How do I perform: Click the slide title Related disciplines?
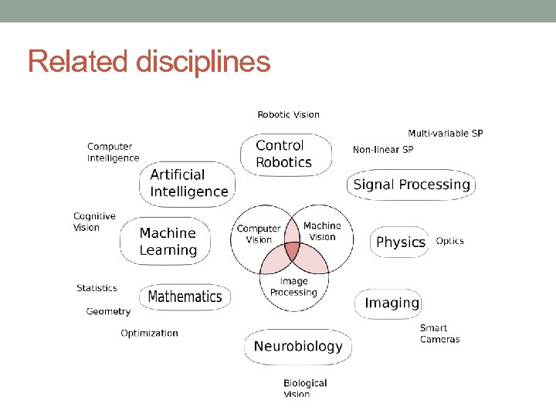149,61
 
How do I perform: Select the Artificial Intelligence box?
188,184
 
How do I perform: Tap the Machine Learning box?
168,241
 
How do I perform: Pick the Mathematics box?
185,297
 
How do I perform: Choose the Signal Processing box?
411,185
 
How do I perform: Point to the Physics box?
400,242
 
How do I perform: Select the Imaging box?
392,303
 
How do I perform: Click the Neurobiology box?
297,346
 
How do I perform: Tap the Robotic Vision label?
288,114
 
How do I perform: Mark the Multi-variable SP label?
445,133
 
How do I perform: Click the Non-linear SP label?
382,149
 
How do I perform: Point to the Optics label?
450,241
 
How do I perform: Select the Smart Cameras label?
439,334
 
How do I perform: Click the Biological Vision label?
305,388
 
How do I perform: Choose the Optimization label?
149,334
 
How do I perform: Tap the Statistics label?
97,288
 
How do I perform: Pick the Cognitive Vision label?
94,222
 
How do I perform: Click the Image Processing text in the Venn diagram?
293,287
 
